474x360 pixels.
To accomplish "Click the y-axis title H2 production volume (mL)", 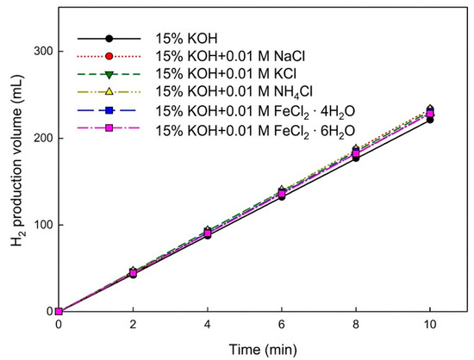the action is pyautogui.click(x=17, y=159).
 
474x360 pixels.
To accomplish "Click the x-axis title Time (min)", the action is pyautogui.click(x=263, y=350).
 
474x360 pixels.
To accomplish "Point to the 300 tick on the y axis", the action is pyautogui.click(x=43, y=51).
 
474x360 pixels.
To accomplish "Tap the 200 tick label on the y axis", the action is pyautogui.click(x=43, y=138).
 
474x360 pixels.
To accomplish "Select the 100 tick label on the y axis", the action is pyautogui.click(x=43, y=225).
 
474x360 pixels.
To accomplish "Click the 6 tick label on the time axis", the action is pyautogui.click(x=282, y=325).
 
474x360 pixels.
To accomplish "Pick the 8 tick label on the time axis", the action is pyautogui.click(x=356, y=325).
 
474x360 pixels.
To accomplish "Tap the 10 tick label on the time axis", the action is pyautogui.click(x=430, y=325).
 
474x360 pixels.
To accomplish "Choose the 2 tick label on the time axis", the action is pyautogui.click(x=133, y=325).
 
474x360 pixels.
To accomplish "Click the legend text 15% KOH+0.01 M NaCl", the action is pyautogui.click(x=230, y=56).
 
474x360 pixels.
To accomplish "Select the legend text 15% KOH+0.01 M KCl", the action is pyautogui.click(x=226, y=74).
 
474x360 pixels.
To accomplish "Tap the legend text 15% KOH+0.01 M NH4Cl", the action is pyautogui.click(x=234, y=92).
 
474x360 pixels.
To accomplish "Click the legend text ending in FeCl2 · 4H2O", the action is pyautogui.click(x=255, y=111).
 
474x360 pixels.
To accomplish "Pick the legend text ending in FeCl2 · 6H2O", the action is pyautogui.click(x=255, y=132).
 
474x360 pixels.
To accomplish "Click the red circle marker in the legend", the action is pyautogui.click(x=109, y=56).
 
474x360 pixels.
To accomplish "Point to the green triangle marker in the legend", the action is pyautogui.click(x=109, y=75).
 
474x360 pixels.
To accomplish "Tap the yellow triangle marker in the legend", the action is pyautogui.click(x=109, y=91).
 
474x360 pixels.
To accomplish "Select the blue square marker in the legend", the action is pyautogui.click(x=109, y=110).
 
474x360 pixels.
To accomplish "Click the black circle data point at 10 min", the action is pyautogui.click(x=430, y=121).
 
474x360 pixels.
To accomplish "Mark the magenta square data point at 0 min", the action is pyautogui.click(x=59, y=312).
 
